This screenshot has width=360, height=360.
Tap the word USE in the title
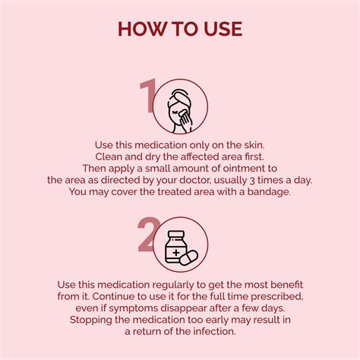223,29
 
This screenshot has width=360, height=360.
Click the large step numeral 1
148,96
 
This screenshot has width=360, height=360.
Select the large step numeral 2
148,235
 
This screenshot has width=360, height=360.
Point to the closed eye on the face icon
175,112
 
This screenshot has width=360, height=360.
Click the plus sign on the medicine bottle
176,252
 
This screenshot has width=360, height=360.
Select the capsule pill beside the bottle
188,257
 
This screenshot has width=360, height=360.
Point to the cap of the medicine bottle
176,234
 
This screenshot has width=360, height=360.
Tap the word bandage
269,192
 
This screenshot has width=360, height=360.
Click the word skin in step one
254,145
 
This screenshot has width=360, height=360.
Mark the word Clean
109,156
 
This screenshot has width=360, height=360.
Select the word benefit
286,285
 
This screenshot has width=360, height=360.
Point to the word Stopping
91,321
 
